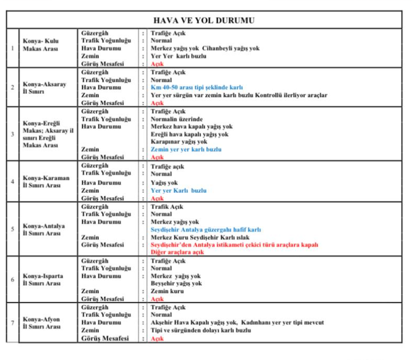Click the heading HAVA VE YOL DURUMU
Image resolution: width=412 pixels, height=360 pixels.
(204, 20)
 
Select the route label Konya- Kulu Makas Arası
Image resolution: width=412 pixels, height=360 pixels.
(41, 45)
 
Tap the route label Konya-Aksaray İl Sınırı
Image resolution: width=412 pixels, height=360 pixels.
(44, 88)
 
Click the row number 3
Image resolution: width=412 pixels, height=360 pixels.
(13, 134)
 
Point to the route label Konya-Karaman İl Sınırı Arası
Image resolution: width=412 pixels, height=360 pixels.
(46, 181)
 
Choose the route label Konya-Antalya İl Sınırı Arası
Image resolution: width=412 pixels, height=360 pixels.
(44, 230)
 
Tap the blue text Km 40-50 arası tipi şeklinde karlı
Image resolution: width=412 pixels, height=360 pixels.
(196, 88)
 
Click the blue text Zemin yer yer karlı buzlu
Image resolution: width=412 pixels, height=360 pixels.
(186, 149)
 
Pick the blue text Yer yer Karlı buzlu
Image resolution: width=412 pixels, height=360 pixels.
(178, 191)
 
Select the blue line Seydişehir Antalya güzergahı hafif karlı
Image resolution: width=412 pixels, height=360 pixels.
(205, 230)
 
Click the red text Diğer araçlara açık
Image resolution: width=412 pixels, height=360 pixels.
(177, 252)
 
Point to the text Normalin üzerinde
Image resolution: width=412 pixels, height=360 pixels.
(176, 119)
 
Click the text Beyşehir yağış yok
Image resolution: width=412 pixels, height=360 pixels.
(176, 283)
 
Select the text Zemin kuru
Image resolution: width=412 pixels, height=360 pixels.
(167, 291)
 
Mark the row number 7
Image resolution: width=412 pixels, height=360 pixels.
(13, 323)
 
